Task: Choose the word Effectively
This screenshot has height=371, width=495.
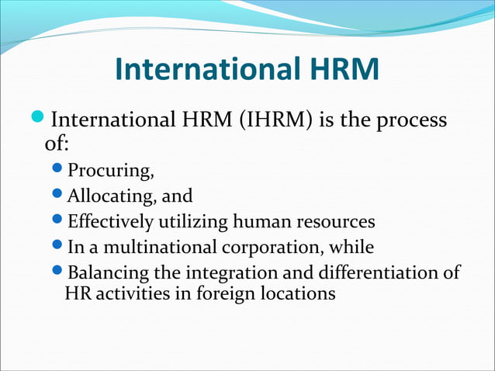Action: tap(111, 222)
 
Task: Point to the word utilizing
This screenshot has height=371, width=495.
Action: tap(189, 222)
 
